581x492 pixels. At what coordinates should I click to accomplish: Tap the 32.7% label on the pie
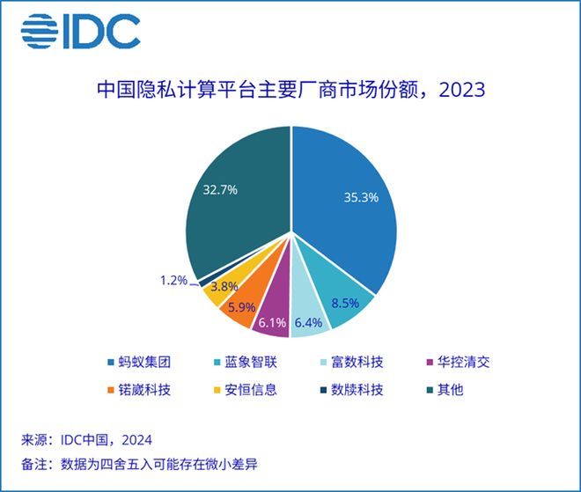coord(220,189)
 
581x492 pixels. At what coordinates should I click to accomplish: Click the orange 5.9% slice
coord(239,305)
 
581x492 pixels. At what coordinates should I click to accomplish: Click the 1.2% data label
coord(173,281)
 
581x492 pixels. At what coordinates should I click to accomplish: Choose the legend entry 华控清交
coord(459,362)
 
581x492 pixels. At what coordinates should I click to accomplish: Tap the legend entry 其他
coord(446,389)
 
